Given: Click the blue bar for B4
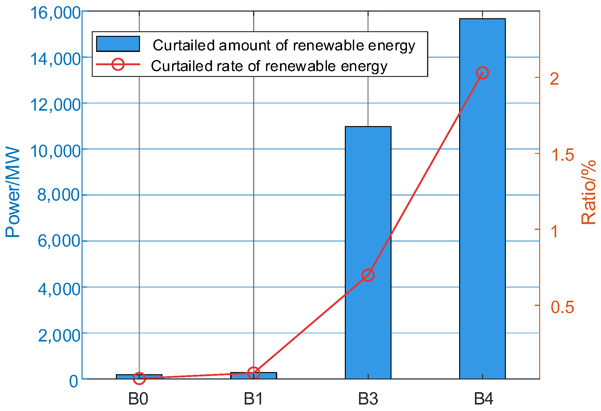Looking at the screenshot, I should click(482, 216).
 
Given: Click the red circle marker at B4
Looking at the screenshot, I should click(482, 73).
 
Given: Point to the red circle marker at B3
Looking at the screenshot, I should click(368, 275).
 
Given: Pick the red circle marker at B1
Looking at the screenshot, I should click(253, 373).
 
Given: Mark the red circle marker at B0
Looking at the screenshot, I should click(139, 378).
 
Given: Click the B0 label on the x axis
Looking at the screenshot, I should click(138, 399).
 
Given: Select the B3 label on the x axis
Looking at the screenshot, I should click(368, 399).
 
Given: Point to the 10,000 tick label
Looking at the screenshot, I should click(55, 151).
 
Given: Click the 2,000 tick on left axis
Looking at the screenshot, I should click(59, 335).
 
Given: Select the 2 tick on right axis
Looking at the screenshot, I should click(555, 78).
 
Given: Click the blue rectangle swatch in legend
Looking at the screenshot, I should click(118, 44).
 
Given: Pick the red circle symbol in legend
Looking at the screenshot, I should click(118, 64).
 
